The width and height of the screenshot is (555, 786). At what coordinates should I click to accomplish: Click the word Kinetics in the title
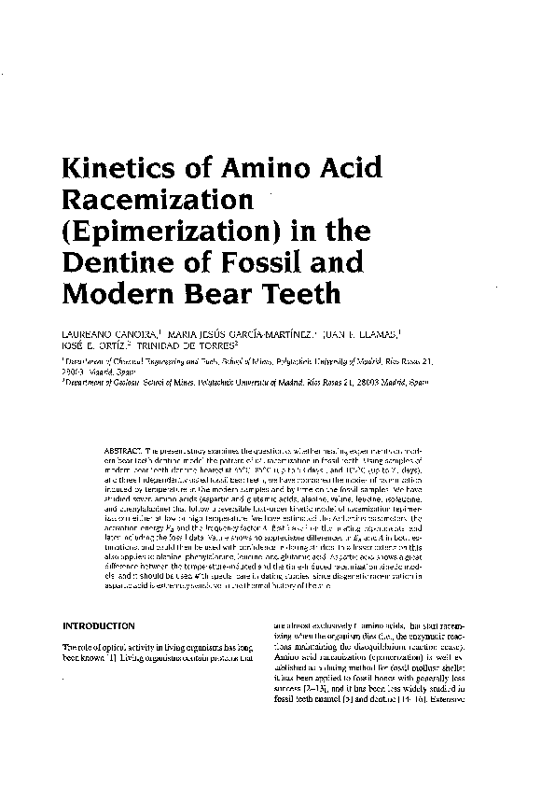106,171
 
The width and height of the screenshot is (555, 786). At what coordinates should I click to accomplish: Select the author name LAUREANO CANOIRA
98,335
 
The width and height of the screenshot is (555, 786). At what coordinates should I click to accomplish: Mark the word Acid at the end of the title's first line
341,171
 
